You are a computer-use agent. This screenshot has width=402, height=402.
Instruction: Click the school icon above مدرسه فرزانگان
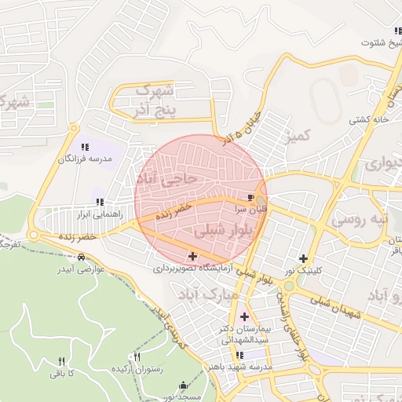coord(85,146)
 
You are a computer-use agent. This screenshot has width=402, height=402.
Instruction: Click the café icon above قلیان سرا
coord(250,197)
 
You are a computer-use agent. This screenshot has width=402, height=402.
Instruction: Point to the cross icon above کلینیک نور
coord(303,258)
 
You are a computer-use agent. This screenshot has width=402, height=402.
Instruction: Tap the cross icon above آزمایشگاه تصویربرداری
coord(192,255)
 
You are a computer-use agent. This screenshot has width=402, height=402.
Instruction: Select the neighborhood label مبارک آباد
coord(208,295)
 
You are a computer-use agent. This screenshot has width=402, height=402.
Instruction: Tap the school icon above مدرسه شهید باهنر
coord(239,355)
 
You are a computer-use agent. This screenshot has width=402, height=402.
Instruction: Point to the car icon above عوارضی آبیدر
coord(82,257)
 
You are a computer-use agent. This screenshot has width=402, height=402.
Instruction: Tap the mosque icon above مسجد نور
coord(185,385)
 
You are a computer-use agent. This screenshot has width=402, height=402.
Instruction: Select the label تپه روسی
coord(360,219)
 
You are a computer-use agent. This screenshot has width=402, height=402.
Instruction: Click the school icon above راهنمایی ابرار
coord(99,202)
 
